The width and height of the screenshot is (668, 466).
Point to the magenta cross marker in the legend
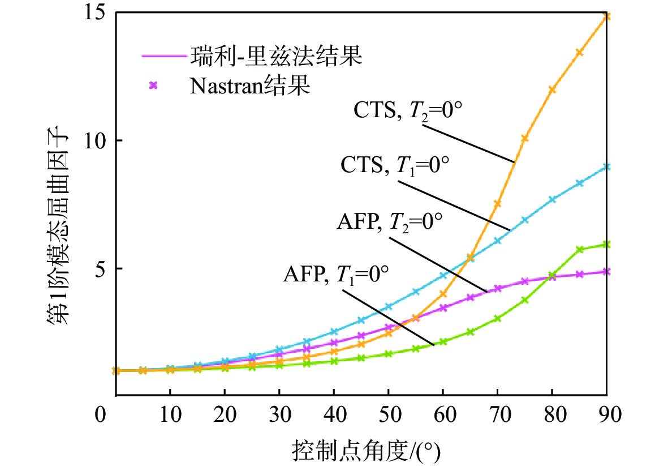click(x=152, y=85)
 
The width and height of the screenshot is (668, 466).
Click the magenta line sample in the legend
click(x=163, y=57)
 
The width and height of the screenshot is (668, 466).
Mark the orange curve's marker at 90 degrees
click(x=607, y=17)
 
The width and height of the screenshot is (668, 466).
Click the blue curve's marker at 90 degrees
click(x=607, y=167)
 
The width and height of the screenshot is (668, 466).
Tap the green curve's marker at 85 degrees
click(x=579, y=250)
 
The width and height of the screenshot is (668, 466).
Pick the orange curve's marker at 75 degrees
click(x=524, y=138)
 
